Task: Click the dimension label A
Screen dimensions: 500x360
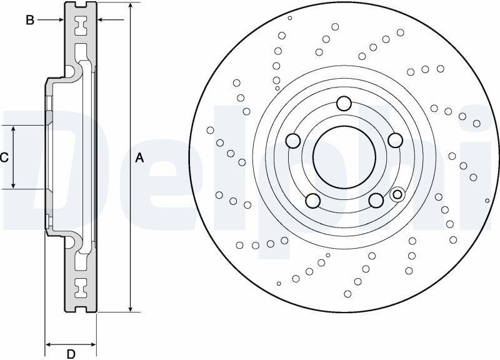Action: tap(139, 158)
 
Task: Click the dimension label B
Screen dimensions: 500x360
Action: tap(29, 20)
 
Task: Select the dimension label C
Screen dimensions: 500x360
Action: tap(4, 157)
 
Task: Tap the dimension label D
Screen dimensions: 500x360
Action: tap(71, 354)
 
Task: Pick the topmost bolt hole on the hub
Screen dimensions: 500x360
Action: tap(344, 103)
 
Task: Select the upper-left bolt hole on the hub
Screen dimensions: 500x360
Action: tap(293, 141)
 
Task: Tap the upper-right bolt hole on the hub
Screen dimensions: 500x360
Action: tap(396, 140)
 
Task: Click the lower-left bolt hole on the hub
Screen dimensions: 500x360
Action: tap(313, 201)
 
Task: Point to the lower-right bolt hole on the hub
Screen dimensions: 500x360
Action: tap(376, 200)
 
